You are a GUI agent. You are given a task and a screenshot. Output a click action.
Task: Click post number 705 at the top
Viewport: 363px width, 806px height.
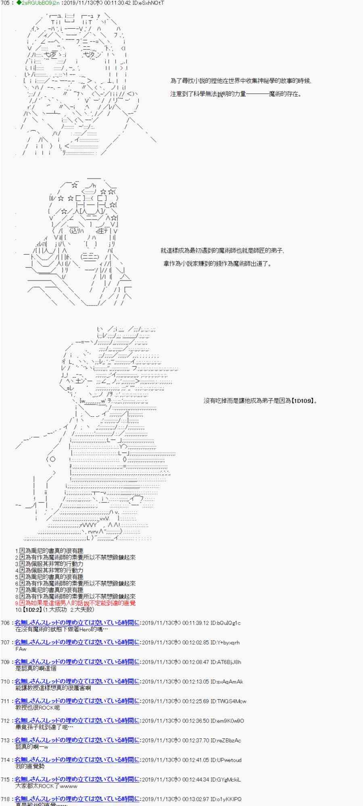(5, 3)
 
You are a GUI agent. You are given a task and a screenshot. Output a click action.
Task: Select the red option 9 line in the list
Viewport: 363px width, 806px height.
(75, 603)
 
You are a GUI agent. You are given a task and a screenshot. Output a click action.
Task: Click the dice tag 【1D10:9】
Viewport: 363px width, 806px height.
(302, 401)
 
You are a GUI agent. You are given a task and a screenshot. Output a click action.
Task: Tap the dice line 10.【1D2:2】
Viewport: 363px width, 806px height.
(55, 609)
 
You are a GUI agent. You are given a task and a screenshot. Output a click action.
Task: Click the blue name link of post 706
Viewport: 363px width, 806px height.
(77, 623)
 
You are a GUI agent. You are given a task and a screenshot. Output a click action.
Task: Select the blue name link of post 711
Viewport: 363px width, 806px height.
(77, 701)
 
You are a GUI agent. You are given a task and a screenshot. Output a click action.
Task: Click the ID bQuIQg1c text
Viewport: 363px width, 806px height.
(225, 623)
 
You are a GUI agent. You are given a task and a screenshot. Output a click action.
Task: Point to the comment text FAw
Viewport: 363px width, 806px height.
(21, 649)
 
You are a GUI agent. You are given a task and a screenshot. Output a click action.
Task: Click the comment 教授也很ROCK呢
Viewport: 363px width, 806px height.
(38, 708)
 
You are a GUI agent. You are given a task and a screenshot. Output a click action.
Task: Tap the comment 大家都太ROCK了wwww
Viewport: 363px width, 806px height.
(46, 786)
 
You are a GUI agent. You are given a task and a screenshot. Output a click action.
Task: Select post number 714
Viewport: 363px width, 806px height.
(5, 760)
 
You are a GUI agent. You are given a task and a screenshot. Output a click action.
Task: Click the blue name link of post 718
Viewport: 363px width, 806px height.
(77, 799)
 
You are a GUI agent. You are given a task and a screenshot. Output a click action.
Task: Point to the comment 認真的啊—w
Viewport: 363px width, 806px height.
(32, 747)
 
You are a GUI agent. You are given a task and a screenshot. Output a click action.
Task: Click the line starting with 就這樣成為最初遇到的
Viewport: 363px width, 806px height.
(223, 251)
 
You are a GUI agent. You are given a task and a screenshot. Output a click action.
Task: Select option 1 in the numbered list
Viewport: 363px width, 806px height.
(49, 550)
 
